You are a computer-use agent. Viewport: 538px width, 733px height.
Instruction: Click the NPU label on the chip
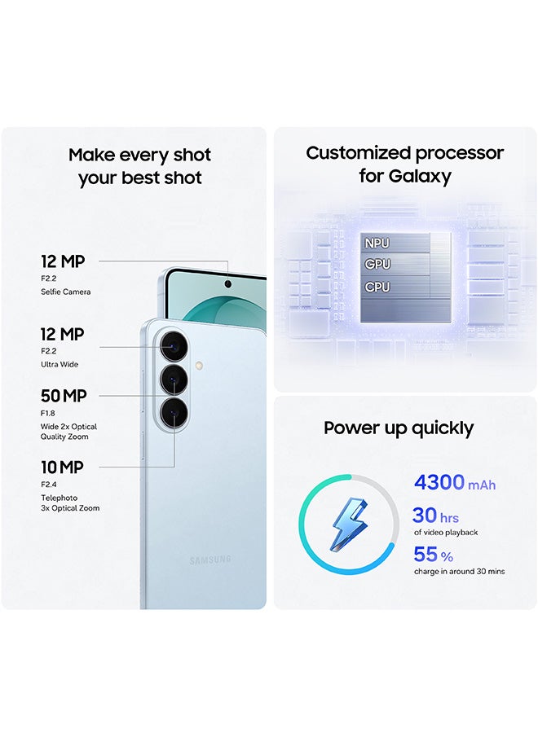coord(377,243)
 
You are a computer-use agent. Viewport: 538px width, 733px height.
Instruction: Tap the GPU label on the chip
coord(377,265)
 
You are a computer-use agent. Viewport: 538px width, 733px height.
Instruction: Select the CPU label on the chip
coord(377,287)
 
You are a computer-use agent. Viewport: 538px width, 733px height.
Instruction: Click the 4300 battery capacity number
coord(439,482)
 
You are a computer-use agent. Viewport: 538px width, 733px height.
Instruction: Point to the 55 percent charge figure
coord(426,555)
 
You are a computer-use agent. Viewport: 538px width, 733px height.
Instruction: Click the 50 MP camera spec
coord(64,397)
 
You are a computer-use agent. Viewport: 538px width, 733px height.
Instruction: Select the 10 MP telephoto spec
coord(62,467)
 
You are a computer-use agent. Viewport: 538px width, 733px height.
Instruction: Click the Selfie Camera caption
coord(66,292)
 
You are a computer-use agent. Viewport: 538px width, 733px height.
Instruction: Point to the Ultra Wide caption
coord(60,364)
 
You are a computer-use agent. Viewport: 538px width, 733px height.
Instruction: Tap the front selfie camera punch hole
coord(227,284)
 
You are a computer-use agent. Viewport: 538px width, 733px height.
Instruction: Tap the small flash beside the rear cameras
coord(200,365)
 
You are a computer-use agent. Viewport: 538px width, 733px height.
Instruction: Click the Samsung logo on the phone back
coord(210,560)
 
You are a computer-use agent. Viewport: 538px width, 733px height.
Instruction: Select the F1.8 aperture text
coord(49,414)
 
